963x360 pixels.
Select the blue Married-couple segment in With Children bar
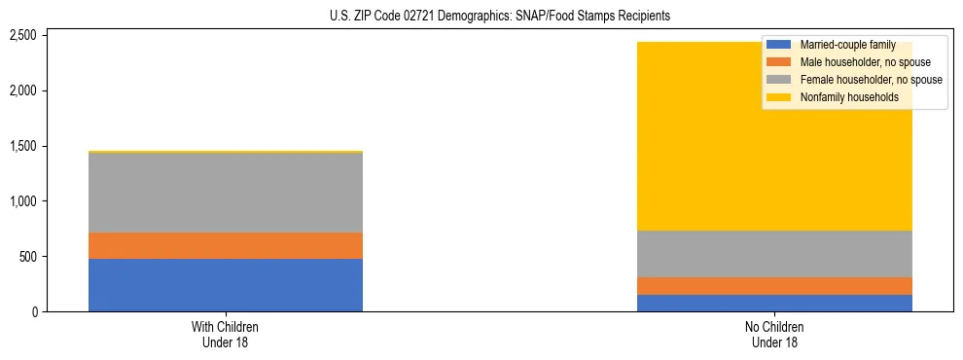pyautogui.click(x=226, y=285)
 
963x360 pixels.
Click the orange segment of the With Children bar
pyautogui.click(x=226, y=245)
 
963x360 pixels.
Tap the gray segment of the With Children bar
pyautogui.click(x=226, y=193)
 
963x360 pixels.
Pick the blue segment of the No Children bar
pyautogui.click(x=774, y=303)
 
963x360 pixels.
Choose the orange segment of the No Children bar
pyautogui.click(x=774, y=286)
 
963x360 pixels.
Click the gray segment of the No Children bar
pyautogui.click(x=774, y=254)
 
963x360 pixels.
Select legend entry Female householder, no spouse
pyautogui.click(x=856, y=80)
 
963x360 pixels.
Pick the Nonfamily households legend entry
pyautogui.click(x=842, y=97)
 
